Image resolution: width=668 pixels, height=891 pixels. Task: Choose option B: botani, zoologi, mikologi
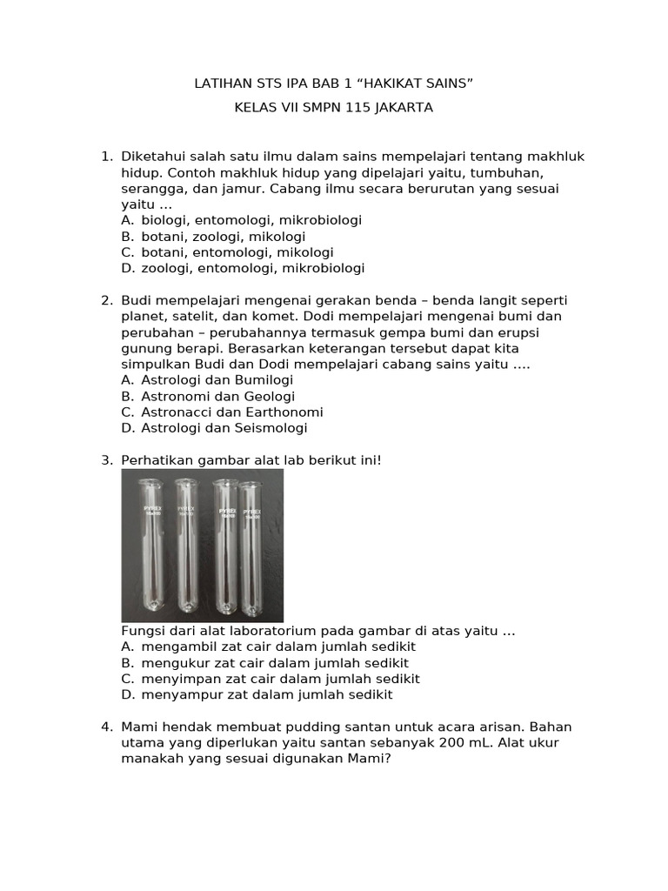tap(223, 237)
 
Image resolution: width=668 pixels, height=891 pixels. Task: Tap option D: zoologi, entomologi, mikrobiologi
tap(252, 268)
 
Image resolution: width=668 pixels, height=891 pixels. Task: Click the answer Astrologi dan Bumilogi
tap(217, 380)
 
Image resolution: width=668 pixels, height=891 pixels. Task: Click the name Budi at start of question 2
tap(137, 300)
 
